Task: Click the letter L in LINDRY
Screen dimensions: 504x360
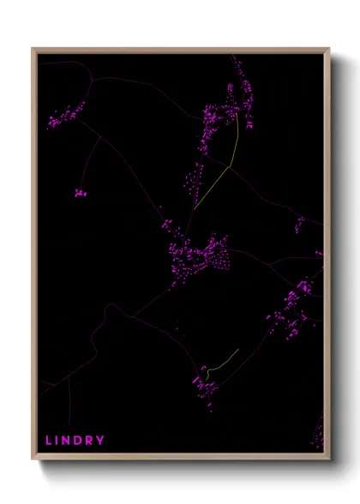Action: click(x=49, y=441)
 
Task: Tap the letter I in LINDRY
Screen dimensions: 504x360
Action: click(x=59, y=441)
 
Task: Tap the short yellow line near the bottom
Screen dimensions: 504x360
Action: click(x=221, y=363)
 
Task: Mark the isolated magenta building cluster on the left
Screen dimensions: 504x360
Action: click(x=81, y=193)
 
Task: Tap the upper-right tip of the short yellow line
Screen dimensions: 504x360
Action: click(x=238, y=350)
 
